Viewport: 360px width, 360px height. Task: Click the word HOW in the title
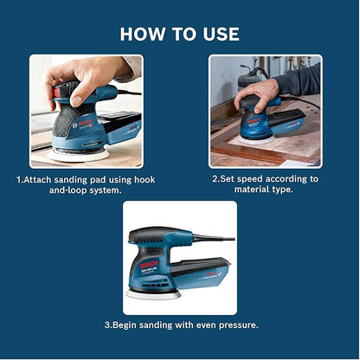(142, 34)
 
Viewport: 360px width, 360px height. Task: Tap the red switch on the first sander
(56, 93)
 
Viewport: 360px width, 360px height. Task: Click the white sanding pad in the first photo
(78, 155)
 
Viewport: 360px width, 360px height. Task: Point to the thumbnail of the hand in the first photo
(77, 101)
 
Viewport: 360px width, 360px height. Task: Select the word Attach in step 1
(38, 180)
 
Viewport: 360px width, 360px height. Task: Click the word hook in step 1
(145, 180)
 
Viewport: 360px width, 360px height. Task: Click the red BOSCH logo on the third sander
(149, 265)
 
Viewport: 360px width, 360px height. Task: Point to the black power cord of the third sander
(214, 238)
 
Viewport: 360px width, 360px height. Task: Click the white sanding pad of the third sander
(153, 294)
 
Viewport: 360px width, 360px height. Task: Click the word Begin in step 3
(125, 325)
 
